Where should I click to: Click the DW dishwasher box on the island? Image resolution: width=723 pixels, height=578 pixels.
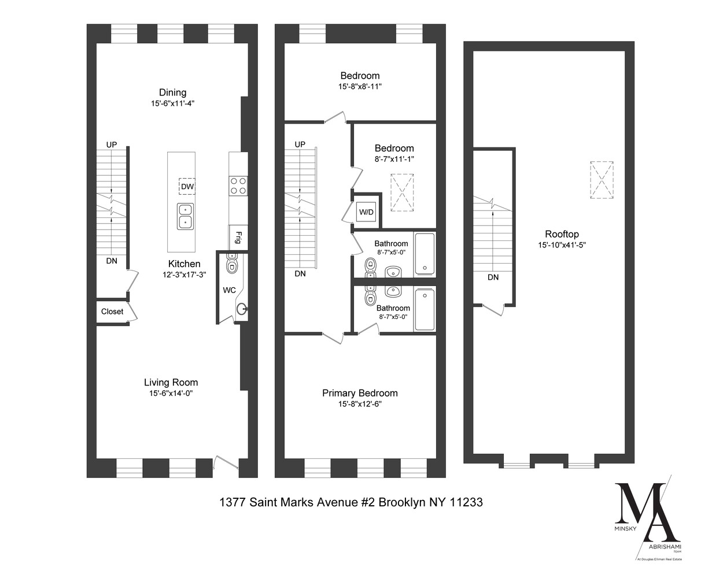coord(187,187)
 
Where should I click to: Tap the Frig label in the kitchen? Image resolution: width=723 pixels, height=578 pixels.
coord(238,237)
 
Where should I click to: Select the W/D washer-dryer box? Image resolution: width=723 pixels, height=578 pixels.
coord(367,212)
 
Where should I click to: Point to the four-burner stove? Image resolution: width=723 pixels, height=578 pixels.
coord(238,186)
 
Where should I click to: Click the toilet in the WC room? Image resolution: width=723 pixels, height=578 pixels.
coord(233,265)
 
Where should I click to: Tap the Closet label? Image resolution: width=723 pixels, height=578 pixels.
coord(112,312)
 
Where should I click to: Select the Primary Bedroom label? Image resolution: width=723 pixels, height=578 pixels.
coord(360,393)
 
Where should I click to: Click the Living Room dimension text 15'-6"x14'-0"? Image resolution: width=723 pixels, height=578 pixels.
coord(171,393)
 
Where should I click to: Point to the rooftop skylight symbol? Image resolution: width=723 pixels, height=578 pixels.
coord(602,180)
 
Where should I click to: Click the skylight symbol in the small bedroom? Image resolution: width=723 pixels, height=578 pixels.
coord(403,192)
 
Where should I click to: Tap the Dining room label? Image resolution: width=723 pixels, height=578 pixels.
coord(173,92)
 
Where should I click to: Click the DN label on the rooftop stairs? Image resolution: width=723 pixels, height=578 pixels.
coord(493,277)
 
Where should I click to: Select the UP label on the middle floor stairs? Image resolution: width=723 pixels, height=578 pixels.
coord(300,144)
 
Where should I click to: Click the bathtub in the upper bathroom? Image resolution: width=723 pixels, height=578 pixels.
coord(425,253)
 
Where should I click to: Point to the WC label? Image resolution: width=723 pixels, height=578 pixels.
coord(229,290)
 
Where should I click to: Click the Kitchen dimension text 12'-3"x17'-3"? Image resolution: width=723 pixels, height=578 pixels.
coord(185,275)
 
